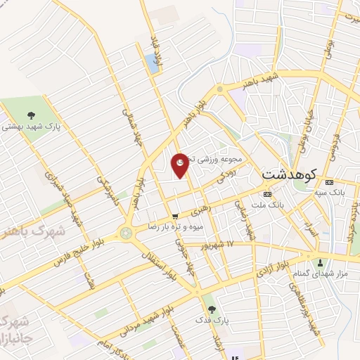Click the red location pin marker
[180, 165]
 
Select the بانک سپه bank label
[329, 191]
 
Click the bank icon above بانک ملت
[266, 194]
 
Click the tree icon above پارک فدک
[212, 309]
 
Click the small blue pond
[151, 63]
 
